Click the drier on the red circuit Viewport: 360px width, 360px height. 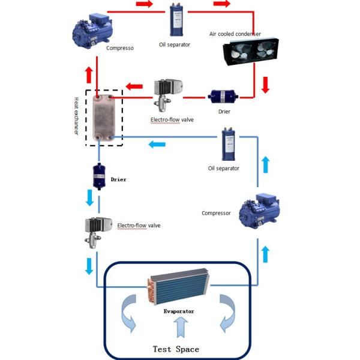click(221, 96)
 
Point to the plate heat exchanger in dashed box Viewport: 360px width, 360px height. click(103, 118)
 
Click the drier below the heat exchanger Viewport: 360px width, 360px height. click(98, 177)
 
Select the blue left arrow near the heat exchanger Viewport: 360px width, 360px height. click(158, 144)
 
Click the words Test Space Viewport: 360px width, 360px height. click(176, 349)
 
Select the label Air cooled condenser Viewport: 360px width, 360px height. click(235, 34)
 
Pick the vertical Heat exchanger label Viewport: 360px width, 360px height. click(76, 115)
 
